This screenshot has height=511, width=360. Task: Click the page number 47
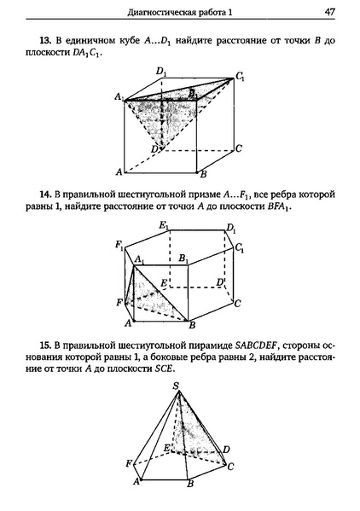(x=328, y=12)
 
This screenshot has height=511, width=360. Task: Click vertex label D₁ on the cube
(x=160, y=73)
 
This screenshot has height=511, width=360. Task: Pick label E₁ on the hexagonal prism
(x=163, y=224)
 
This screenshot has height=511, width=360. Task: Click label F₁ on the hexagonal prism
(x=120, y=245)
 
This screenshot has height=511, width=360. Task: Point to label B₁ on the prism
(x=183, y=258)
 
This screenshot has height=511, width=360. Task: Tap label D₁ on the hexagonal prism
(x=230, y=229)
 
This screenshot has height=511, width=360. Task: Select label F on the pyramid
(x=127, y=463)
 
